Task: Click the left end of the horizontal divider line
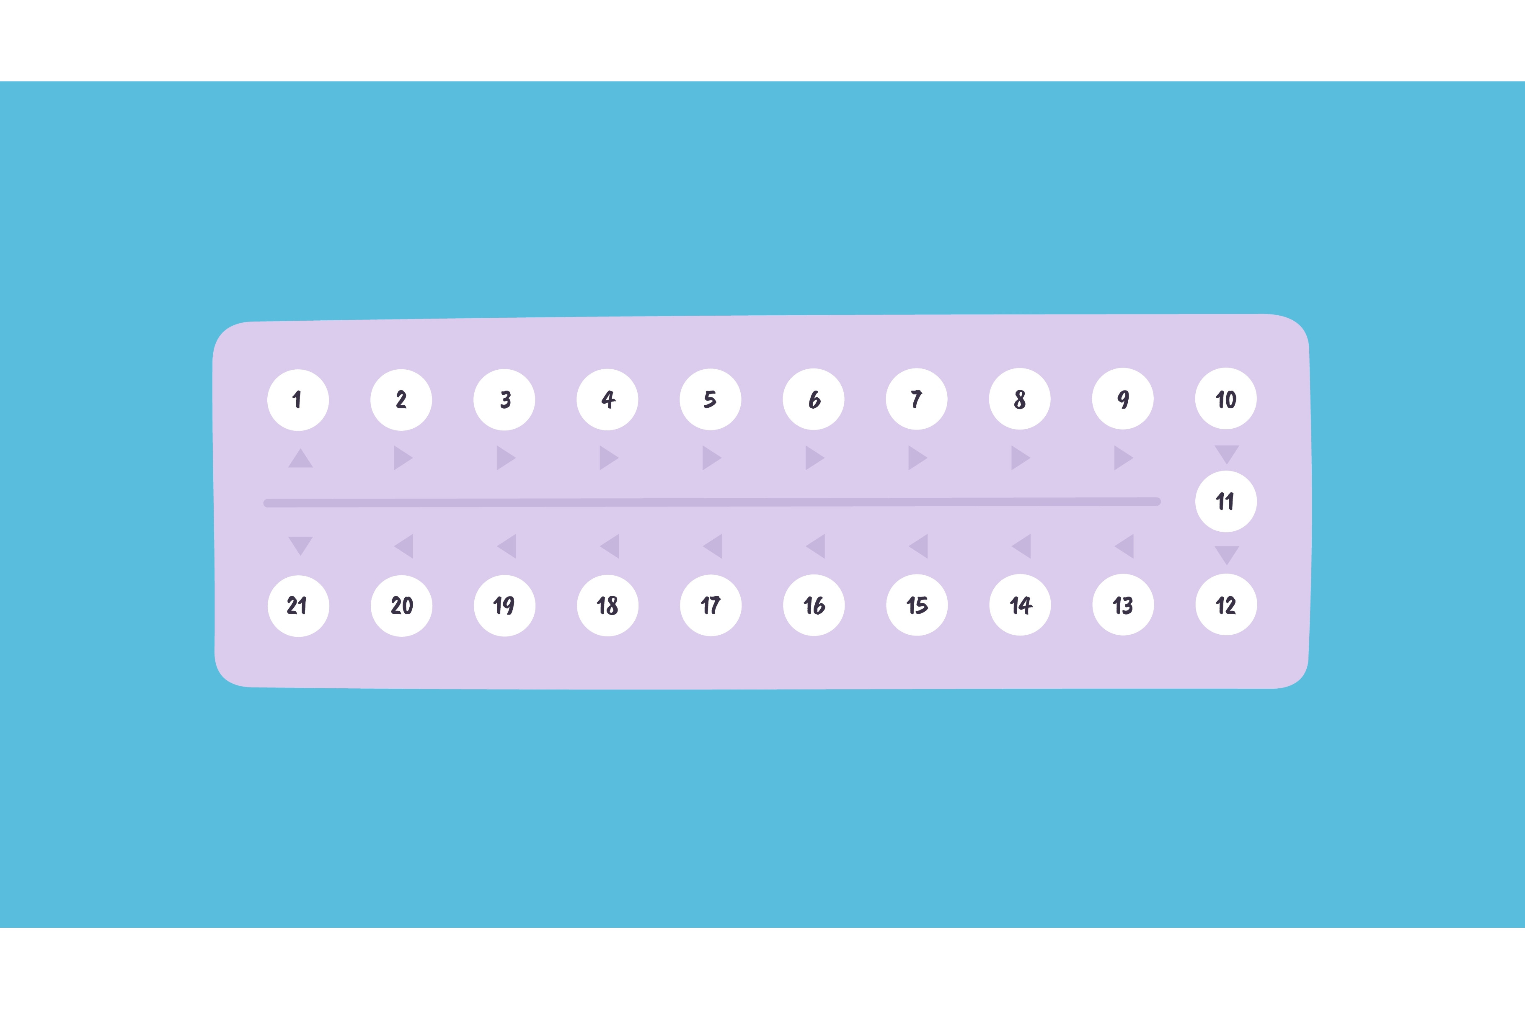[x=265, y=503]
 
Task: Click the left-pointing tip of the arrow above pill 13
[x=1114, y=546]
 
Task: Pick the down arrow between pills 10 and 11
[x=1226, y=454]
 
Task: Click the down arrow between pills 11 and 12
[x=1226, y=555]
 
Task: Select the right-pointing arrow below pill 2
[x=403, y=458]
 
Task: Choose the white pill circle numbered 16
[x=814, y=605]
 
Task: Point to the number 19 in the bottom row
[x=504, y=605]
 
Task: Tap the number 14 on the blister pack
[x=1020, y=605]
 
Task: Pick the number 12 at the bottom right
[x=1226, y=605]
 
